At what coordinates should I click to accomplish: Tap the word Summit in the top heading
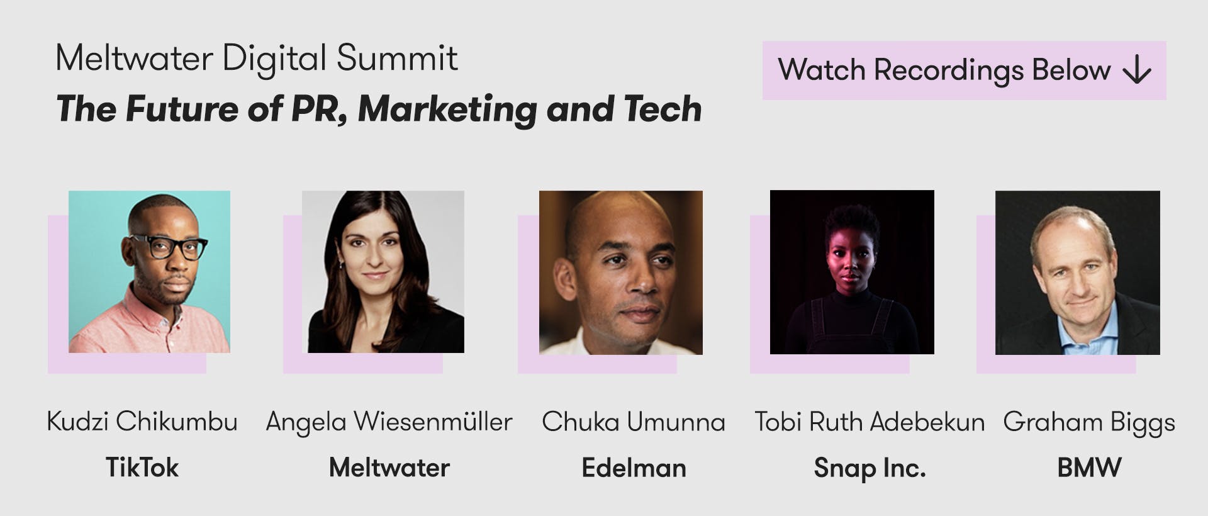click(x=397, y=59)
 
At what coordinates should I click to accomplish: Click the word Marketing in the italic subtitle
click(x=447, y=109)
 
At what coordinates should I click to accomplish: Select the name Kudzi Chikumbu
click(x=142, y=422)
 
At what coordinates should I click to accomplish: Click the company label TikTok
click(x=142, y=468)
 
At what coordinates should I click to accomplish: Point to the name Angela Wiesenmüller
click(x=389, y=422)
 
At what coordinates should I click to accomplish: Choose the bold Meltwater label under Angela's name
click(x=389, y=468)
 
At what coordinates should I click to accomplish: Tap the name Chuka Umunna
click(x=634, y=422)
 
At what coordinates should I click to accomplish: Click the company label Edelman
click(x=634, y=468)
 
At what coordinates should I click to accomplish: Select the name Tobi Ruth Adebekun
click(x=870, y=422)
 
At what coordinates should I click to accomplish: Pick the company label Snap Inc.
click(x=870, y=468)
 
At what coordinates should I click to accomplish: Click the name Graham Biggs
click(x=1089, y=422)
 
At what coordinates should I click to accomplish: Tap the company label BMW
click(x=1089, y=468)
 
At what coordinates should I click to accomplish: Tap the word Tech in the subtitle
click(x=663, y=109)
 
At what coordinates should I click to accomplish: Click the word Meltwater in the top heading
click(x=135, y=59)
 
